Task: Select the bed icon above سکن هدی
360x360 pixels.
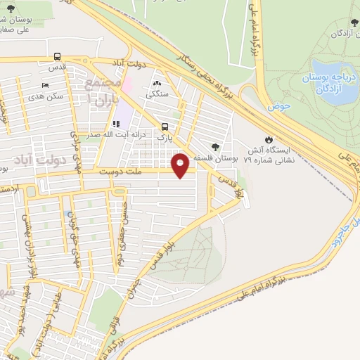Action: tap(46, 85)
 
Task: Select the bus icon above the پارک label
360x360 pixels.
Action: tap(165, 127)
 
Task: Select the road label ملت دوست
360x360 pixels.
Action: tap(122, 171)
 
